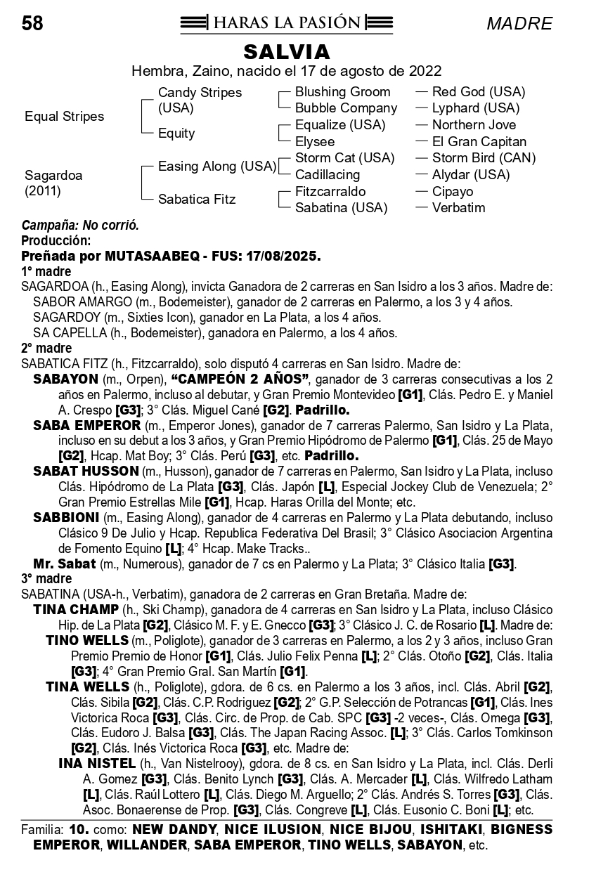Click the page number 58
point(32,24)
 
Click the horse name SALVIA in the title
point(286,52)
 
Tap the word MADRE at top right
point(519,24)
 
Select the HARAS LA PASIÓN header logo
point(286,23)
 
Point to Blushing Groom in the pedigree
point(342,92)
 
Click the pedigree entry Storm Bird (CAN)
point(484,158)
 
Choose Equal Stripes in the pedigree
point(64,117)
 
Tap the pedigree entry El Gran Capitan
point(479,142)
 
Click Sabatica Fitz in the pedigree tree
point(196,200)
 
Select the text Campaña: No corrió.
point(80,226)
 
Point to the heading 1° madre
point(46,271)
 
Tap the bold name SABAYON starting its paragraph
point(65,379)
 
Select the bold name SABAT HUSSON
point(86,471)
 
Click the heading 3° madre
point(46,579)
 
